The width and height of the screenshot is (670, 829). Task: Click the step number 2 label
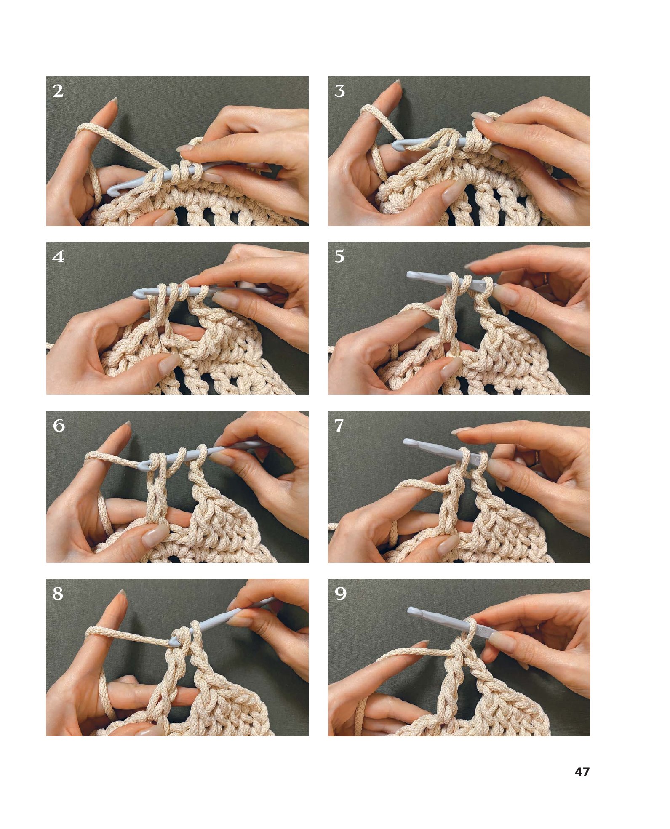tap(58, 91)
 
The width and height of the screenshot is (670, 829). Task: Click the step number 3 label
tap(339, 91)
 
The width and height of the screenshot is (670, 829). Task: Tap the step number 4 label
tap(59, 256)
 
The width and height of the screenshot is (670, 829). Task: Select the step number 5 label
tap(339, 256)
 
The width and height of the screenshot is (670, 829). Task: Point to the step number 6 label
tap(59, 426)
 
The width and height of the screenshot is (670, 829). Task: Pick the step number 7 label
tap(339, 426)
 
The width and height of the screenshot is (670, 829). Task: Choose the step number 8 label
tap(58, 594)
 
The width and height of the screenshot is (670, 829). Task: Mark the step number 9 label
tap(340, 594)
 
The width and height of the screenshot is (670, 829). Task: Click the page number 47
tap(582, 772)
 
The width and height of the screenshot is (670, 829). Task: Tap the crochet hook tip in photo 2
tap(111, 191)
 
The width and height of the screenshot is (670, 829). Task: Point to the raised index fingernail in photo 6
tap(126, 426)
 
